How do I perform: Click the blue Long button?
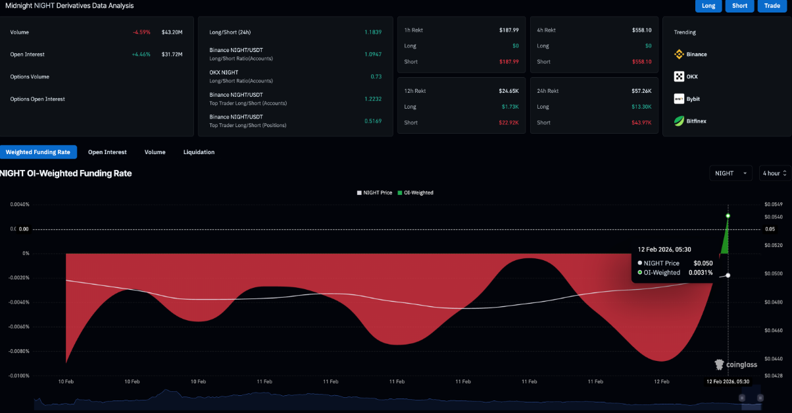tap(708, 6)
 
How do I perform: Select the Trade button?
tap(772, 6)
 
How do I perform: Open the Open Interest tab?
tap(107, 152)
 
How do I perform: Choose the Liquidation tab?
tap(199, 152)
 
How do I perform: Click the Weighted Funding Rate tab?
tap(38, 152)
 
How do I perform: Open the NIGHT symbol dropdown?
tap(731, 173)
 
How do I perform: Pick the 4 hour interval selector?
tap(774, 173)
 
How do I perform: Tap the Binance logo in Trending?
tap(679, 55)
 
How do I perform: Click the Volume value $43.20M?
tap(172, 32)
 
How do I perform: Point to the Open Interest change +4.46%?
tap(141, 55)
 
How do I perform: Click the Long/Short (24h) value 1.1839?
tap(373, 32)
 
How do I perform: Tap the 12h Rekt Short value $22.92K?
tap(508, 123)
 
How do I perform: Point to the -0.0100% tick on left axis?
tap(20, 375)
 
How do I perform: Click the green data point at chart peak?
tap(728, 216)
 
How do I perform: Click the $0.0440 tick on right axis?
tap(774, 358)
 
